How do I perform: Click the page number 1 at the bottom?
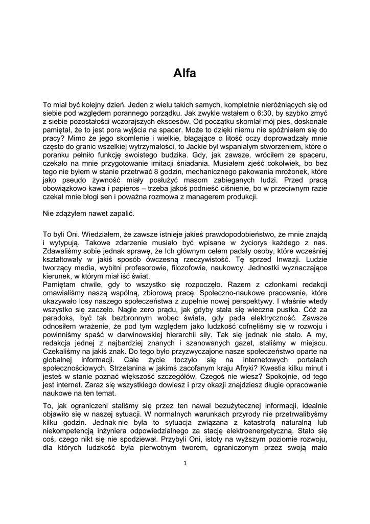point(185,464)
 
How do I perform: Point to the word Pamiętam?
point(59,285)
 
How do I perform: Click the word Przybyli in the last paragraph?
point(180,439)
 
